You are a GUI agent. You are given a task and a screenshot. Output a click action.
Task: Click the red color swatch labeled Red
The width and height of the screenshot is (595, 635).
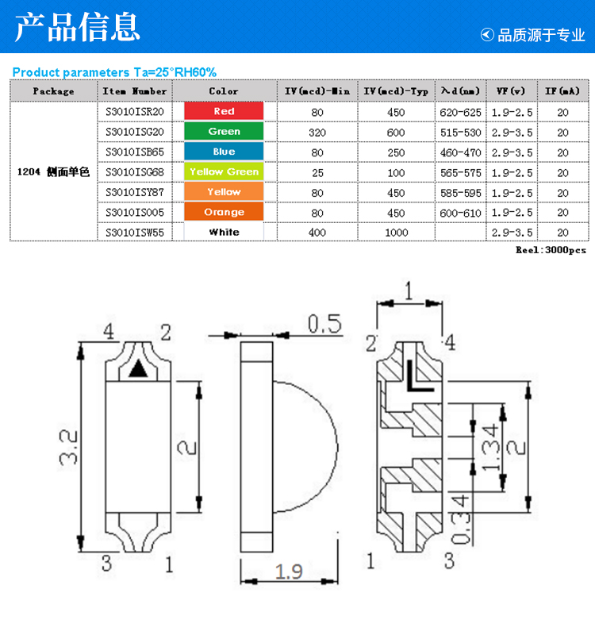(224, 111)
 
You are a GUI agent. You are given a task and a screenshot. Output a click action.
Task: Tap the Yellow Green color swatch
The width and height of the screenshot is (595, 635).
(224, 171)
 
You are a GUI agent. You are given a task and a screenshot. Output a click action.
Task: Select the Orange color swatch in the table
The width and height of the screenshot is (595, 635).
(224, 211)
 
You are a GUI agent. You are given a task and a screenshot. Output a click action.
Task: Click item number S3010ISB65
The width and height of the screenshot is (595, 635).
(135, 152)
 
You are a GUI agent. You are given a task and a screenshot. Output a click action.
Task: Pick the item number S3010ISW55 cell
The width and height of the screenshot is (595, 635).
(135, 233)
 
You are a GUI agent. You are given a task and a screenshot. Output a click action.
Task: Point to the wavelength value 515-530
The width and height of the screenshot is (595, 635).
(461, 133)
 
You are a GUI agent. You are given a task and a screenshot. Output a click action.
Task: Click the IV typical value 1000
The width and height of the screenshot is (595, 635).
(396, 233)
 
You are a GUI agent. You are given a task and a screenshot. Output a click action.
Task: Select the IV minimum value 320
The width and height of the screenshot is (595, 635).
(317, 133)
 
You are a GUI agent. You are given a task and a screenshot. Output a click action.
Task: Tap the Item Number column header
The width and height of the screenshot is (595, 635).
(135, 91)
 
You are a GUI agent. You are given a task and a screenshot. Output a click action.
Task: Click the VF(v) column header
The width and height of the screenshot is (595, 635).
(511, 91)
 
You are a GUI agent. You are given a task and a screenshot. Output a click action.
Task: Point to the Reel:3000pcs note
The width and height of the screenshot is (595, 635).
(551, 250)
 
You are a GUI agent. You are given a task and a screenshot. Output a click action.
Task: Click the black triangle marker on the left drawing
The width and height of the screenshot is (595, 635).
(138, 368)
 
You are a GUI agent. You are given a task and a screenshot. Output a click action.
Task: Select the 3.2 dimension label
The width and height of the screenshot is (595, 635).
(68, 447)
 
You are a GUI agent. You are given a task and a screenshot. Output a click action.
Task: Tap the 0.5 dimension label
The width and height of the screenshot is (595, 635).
(324, 324)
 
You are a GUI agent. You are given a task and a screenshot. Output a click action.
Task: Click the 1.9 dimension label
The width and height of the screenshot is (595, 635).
(289, 571)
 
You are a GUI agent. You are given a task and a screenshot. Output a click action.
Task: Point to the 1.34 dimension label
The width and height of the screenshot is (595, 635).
(490, 447)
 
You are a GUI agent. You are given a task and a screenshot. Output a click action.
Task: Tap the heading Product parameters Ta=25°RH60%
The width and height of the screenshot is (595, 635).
(114, 72)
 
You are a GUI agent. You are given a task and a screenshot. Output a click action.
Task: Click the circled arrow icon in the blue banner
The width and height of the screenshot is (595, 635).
(487, 35)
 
